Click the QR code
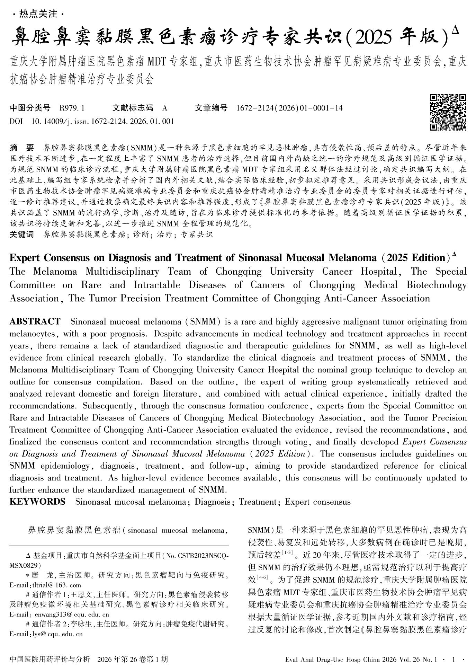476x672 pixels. (x=448, y=112)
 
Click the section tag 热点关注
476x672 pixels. (x=38, y=14)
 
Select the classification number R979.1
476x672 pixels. (x=72, y=108)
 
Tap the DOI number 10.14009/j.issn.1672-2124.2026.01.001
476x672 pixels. (x=102, y=122)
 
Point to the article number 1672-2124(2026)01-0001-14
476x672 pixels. (x=289, y=108)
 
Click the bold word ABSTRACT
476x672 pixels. (x=35, y=321)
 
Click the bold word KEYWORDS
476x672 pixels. (x=37, y=502)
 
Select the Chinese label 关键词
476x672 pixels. (x=22, y=235)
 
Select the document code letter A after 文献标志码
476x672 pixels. (x=165, y=108)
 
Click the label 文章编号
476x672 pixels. (x=211, y=108)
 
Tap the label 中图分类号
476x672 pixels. (x=30, y=108)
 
